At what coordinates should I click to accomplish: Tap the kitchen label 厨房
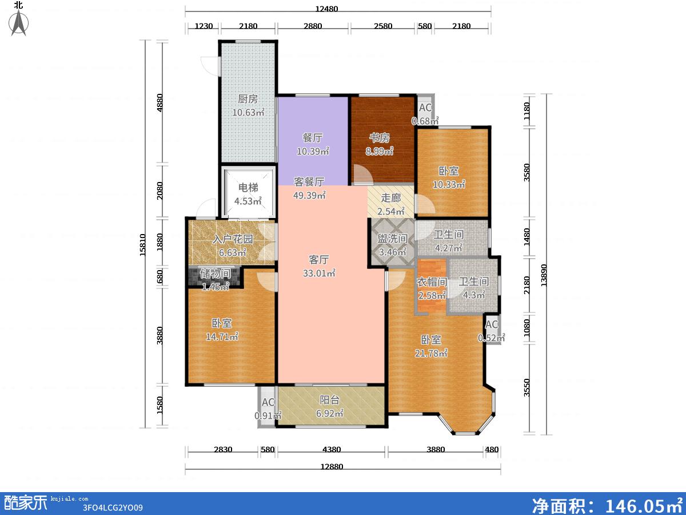point(248,99)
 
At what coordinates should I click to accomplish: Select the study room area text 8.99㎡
point(380,151)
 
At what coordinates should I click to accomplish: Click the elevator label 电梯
point(249,188)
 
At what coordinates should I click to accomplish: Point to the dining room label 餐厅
point(313,137)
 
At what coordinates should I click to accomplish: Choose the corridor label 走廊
point(390,198)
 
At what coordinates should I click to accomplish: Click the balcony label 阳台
point(329,400)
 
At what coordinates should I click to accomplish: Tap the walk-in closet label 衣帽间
point(432,282)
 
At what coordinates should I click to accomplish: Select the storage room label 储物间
point(216,274)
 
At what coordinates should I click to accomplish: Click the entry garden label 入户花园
point(233,239)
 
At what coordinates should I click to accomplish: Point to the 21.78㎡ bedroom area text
point(431,353)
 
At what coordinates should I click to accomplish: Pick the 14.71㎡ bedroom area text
point(222,337)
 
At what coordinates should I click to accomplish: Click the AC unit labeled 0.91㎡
point(268,408)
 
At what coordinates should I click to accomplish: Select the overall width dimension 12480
point(326,9)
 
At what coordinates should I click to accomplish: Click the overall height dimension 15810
point(143,245)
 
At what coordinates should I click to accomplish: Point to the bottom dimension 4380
point(332,449)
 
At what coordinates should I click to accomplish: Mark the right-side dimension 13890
point(544,275)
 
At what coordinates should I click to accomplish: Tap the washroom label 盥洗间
point(393,239)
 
